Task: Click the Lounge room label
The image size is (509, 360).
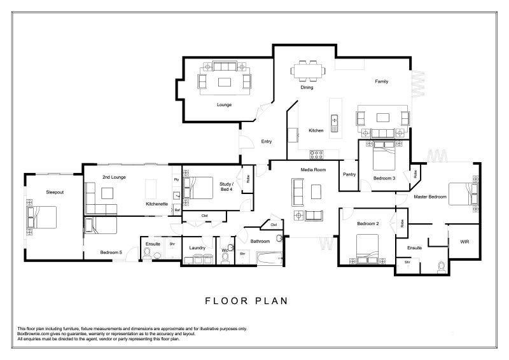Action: (x=224, y=105)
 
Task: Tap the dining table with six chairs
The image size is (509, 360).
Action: (x=308, y=71)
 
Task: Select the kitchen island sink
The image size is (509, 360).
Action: (x=335, y=123)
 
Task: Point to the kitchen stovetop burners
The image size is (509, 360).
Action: (x=316, y=154)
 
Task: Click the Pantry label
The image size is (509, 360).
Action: (x=349, y=174)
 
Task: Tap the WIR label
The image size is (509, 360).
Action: (x=464, y=242)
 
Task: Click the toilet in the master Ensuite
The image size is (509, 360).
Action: (x=441, y=267)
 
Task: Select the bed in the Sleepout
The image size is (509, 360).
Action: (x=41, y=217)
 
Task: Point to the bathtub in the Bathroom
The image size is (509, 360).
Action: (x=269, y=258)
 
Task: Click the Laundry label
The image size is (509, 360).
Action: (x=197, y=247)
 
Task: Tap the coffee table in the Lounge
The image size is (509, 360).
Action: (x=225, y=82)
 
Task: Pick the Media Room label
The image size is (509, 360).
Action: (x=313, y=170)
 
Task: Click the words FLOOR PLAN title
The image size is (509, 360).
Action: (x=246, y=301)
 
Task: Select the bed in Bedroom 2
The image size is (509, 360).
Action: (x=367, y=249)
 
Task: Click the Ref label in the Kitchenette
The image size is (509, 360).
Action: (x=178, y=211)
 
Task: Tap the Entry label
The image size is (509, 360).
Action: (x=267, y=142)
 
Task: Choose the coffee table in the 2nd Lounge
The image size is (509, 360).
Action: (x=107, y=193)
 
